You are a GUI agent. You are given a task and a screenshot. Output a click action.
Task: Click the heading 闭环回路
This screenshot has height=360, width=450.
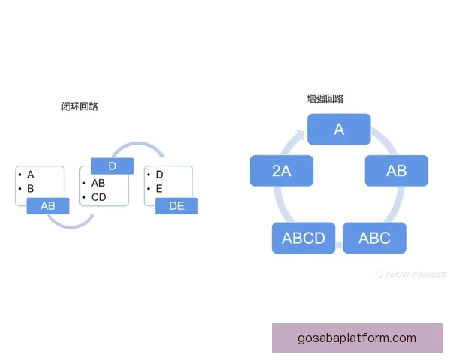tap(79, 106)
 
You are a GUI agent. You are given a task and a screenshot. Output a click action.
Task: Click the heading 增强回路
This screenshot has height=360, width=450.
tap(325, 98)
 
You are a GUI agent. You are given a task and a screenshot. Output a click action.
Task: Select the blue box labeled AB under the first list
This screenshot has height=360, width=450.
tap(48, 205)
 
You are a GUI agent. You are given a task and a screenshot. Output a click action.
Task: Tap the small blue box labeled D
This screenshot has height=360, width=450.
tap(112, 166)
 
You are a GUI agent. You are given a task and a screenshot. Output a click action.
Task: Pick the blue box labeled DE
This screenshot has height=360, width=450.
tap(176, 205)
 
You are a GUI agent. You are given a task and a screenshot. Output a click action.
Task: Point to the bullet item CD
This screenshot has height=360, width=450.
tap(98, 197)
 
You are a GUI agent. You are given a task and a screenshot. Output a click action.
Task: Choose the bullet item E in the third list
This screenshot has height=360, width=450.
tap(159, 189)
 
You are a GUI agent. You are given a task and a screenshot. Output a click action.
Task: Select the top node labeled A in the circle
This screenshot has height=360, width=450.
tap(339, 129)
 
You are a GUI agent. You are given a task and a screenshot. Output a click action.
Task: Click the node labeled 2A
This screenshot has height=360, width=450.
tap(281, 170)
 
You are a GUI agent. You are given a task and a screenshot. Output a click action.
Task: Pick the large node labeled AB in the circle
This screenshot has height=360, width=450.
tap(396, 170)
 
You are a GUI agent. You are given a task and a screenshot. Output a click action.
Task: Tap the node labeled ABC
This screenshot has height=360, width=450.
tap(374, 238)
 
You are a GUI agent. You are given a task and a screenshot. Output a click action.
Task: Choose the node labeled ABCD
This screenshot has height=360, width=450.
tap(303, 238)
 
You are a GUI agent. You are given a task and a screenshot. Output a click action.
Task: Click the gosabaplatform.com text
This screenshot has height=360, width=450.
tap(357, 337)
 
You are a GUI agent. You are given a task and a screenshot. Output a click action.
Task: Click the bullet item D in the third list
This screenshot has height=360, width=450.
tap(159, 175)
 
